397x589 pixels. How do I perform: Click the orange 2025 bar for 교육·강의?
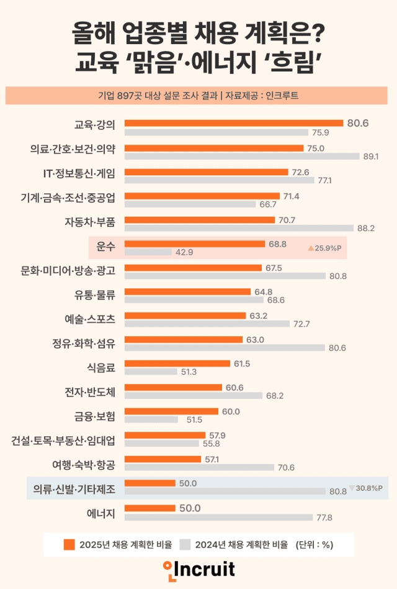(233, 123)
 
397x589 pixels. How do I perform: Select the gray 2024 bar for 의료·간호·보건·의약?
(242, 157)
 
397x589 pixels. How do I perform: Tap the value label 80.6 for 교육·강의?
(358, 123)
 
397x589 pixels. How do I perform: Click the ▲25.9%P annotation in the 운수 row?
(325, 247)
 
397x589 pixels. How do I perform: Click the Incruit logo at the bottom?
(198, 568)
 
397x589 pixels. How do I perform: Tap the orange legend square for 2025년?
(69, 545)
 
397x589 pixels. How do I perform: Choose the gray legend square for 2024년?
(185, 545)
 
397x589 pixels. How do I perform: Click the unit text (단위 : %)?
(314, 545)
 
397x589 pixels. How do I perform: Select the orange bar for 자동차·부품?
(199, 220)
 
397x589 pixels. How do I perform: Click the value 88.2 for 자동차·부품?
(367, 229)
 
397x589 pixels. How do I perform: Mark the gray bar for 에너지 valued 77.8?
(218, 517)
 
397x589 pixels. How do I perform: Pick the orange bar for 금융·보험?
(171, 411)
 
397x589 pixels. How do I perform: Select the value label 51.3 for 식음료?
(189, 372)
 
